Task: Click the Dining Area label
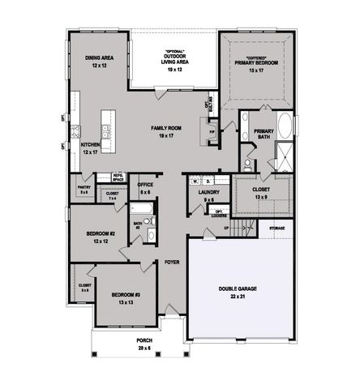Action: point(98,58)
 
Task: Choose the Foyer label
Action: point(172,263)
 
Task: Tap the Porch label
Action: point(144,340)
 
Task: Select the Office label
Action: point(145,185)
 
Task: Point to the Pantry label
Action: point(84,187)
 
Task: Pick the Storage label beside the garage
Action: point(277,229)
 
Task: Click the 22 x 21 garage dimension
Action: point(236,297)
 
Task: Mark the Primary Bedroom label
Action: point(257,62)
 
